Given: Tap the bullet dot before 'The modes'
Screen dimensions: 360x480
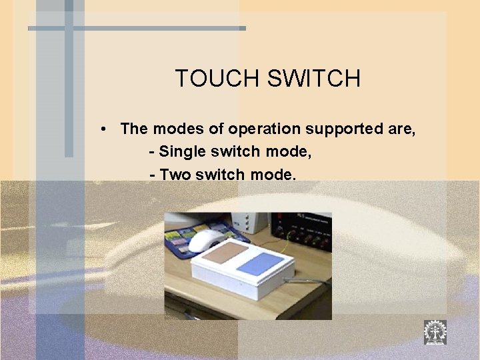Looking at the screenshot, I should click(x=105, y=129).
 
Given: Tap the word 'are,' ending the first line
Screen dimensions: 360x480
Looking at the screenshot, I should click(x=401, y=129).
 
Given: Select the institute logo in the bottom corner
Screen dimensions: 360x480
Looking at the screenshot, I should click(x=435, y=332).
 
